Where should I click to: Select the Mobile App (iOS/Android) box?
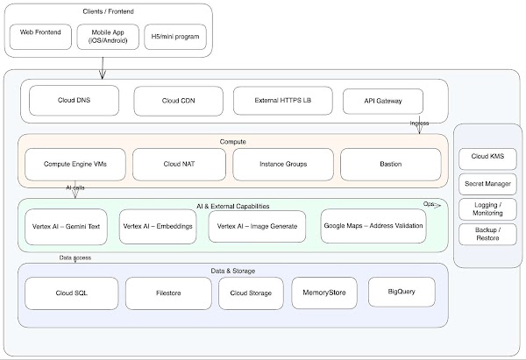pos(103,37)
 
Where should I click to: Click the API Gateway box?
pos(383,101)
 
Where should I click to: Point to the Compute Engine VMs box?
pos(74,164)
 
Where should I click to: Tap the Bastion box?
pos(390,164)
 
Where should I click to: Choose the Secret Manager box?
pos(488,184)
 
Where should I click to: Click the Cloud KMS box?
pos(488,159)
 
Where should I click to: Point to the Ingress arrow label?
pos(419,124)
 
